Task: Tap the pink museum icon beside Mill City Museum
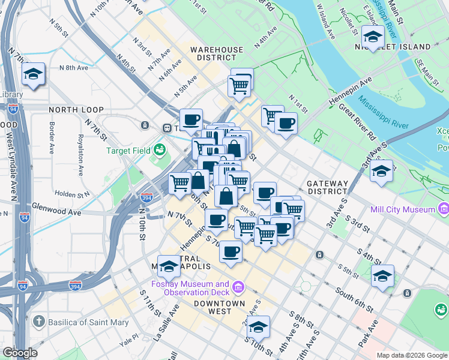[444, 209]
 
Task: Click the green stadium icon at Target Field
[160, 148]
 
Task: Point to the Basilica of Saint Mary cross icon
[39, 322]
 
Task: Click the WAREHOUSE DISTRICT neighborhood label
[217, 53]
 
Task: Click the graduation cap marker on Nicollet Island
[373, 37]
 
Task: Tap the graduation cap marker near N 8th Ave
[32, 74]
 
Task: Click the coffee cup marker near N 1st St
[286, 124]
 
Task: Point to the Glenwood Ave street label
[56, 212]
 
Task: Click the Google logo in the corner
[20, 353]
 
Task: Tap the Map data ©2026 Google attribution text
[411, 355]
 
